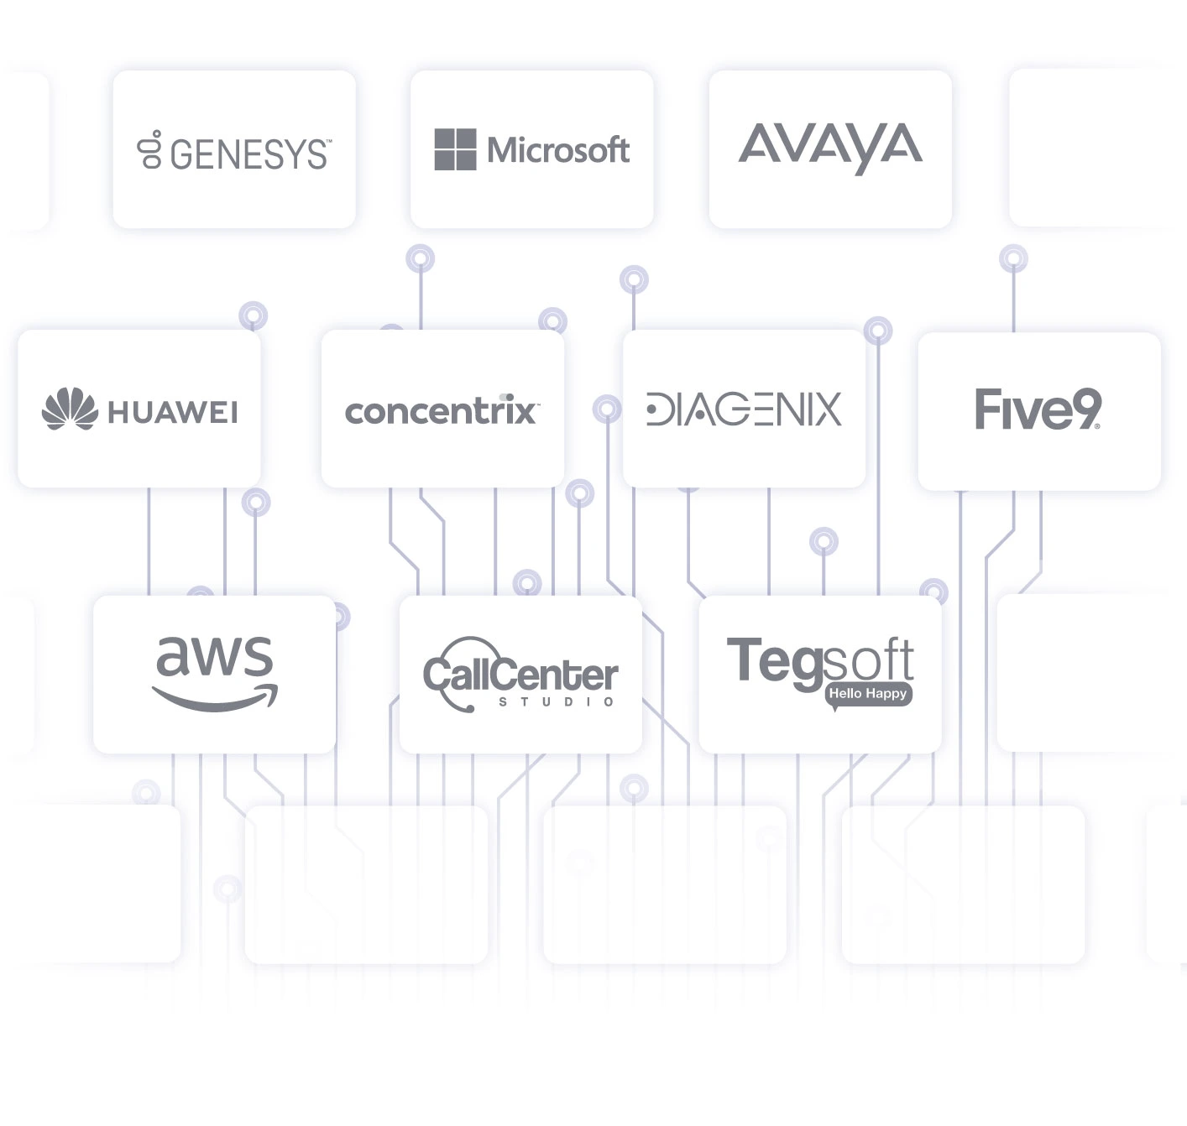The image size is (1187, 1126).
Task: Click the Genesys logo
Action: pyautogui.click(x=234, y=152)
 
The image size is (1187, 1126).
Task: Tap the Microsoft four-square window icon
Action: pyautogui.click(x=455, y=149)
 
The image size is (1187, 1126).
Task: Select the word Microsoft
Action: pyautogui.click(x=558, y=150)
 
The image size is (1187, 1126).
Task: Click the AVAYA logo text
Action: pyautogui.click(x=829, y=147)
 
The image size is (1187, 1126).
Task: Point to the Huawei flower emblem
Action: pyautogui.click(x=70, y=409)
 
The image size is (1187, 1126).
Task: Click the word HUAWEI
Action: pyautogui.click(x=173, y=412)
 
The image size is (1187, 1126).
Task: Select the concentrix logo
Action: pyautogui.click(x=441, y=410)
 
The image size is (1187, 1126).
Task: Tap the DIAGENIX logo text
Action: pyautogui.click(x=744, y=409)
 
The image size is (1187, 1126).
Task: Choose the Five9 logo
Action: pyautogui.click(x=1038, y=409)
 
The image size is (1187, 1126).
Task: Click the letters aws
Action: pyautogui.click(x=215, y=655)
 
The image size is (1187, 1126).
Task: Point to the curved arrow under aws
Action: pyautogui.click(x=215, y=698)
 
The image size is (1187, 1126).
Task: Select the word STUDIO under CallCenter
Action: pyautogui.click(x=557, y=701)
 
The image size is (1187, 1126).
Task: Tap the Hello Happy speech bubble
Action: pyautogui.click(x=867, y=694)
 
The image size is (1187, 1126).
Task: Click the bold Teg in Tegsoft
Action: pyautogui.click(x=772, y=661)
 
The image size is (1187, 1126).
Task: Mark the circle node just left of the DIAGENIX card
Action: pyautogui.click(x=606, y=409)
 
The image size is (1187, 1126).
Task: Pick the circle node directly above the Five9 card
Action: pyautogui.click(x=1013, y=258)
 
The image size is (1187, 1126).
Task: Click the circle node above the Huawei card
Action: pyautogui.click(x=253, y=315)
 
